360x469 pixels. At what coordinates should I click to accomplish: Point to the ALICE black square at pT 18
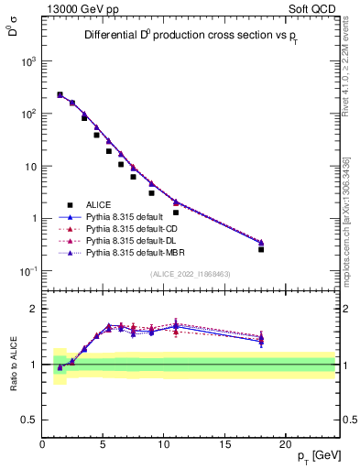(261, 249)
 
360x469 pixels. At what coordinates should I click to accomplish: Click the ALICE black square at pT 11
(176, 213)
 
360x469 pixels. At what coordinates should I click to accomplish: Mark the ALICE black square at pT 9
(151, 193)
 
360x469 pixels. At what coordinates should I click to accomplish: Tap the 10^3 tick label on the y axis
(28, 61)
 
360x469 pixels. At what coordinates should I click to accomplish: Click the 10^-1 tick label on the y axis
(28, 272)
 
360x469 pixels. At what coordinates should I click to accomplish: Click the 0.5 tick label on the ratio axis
(32, 420)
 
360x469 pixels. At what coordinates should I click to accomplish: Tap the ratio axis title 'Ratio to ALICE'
(12, 365)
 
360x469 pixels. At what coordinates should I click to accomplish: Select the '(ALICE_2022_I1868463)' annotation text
(190, 274)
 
